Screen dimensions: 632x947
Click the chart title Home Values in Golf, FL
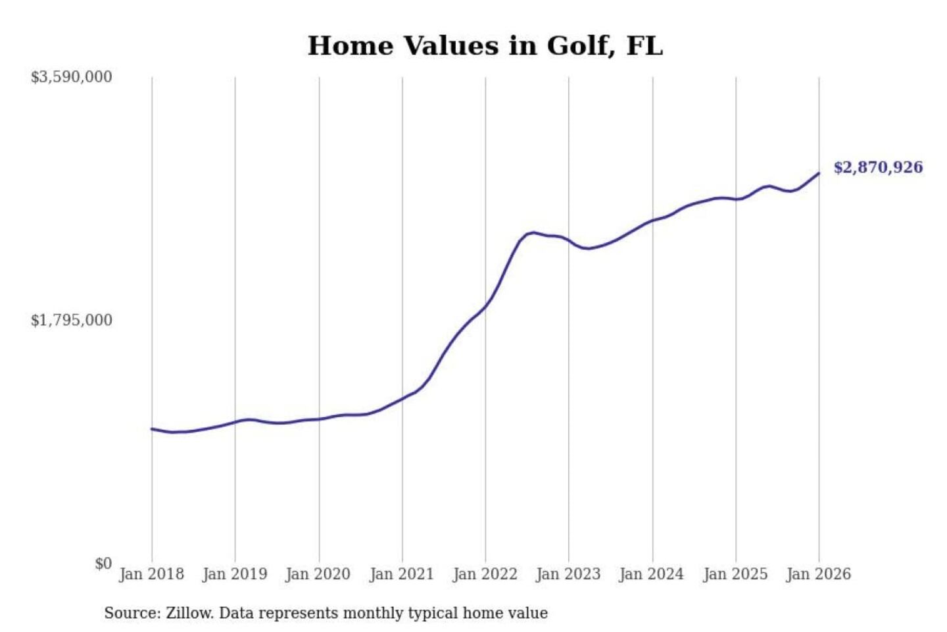(x=485, y=46)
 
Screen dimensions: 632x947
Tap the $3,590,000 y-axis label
(x=71, y=77)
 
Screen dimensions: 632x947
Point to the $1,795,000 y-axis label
(x=71, y=321)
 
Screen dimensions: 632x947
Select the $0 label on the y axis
(x=103, y=564)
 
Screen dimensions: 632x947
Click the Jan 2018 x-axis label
(x=152, y=574)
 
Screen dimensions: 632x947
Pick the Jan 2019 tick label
(x=235, y=574)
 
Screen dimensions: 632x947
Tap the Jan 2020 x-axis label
(x=318, y=574)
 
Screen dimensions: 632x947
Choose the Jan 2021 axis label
(x=402, y=574)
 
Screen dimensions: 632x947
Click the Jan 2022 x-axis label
(x=485, y=574)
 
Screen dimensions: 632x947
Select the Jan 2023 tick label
(x=568, y=574)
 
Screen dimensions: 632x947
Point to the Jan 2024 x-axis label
(x=652, y=574)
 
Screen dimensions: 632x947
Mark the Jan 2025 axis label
(x=735, y=574)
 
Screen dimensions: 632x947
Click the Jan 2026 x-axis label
(x=819, y=574)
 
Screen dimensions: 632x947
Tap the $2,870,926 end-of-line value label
(x=878, y=167)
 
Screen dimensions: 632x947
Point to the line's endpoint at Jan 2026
(x=819, y=173)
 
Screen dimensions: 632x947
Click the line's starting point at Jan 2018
(x=152, y=429)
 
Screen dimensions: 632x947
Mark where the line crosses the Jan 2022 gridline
(x=486, y=306)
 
